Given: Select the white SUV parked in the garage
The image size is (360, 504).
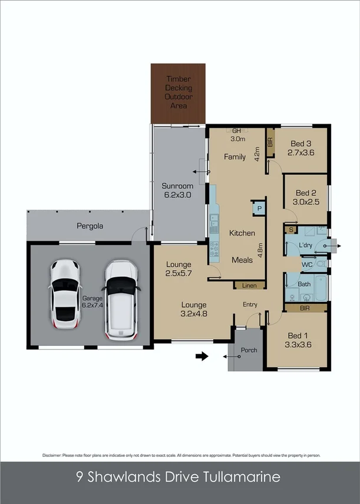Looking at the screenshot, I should tap(121, 300).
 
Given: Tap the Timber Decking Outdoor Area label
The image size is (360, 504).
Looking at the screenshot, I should tap(178, 92).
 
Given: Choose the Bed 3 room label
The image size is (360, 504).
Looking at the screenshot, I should tap(300, 148).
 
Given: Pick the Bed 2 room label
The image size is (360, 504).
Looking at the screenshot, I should tap(306, 197).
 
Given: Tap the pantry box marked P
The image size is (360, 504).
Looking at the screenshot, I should tap(258, 208).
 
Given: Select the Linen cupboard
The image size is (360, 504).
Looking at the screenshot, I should tap(249, 286).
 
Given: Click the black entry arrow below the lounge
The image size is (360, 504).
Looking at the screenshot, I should tap(202, 356).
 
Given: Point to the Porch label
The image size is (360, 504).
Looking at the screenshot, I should tap(249, 350).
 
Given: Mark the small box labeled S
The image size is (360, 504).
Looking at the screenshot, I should tap(290, 229).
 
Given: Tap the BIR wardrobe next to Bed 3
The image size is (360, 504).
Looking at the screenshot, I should tap(270, 142).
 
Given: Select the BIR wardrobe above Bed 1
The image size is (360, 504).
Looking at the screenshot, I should tap(305, 308).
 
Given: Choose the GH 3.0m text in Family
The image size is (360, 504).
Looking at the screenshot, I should tap(237, 135).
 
